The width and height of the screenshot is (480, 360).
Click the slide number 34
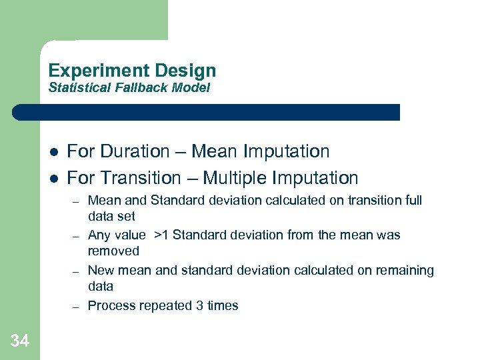[x=20, y=341]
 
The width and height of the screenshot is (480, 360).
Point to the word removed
[x=113, y=251]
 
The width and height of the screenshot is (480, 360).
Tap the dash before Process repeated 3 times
[x=77, y=307]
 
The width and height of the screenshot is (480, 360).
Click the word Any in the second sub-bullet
[x=99, y=235]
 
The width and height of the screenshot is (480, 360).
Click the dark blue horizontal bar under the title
[x=207, y=112]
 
